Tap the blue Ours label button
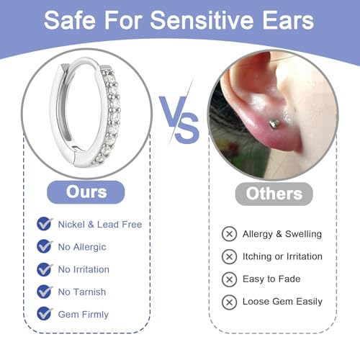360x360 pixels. (x=86, y=192)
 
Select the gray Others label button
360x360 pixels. (x=274, y=193)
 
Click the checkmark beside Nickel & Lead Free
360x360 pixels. (x=45, y=224)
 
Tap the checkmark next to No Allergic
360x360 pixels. (x=45, y=246)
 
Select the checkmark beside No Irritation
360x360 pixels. (x=45, y=269)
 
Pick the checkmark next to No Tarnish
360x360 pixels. (x=45, y=291)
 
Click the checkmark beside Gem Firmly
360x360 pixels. (x=45, y=313)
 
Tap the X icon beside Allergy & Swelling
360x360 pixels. (x=229, y=233)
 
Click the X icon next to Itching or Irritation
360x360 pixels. (x=229, y=256)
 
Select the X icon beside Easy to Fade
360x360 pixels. (x=229, y=279)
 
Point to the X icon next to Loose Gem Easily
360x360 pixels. (x=229, y=301)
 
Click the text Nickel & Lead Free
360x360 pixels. (x=100, y=224)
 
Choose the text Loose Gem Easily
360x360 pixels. (x=282, y=301)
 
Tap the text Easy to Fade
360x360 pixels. (x=271, y=279)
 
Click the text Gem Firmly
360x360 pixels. (x=84, y=314)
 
